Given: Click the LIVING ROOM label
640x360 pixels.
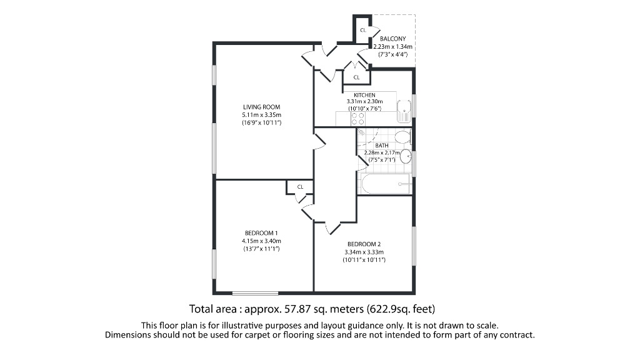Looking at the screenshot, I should [261, 106].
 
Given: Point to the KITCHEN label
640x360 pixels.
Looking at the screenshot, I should [364, 94].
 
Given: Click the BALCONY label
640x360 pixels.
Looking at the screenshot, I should [392, 39].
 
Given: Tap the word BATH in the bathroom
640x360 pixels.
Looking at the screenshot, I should [382, 146].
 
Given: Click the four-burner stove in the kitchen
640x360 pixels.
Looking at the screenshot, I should [358, 118].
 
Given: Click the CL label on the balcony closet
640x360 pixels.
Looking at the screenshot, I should [362, 30].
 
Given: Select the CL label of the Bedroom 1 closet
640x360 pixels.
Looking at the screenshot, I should [300, 186].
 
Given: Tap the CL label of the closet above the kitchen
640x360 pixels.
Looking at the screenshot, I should [356, 77].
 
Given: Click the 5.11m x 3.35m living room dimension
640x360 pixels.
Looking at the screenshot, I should [261, 115].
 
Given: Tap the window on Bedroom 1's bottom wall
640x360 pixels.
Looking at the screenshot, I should [255, 292].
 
